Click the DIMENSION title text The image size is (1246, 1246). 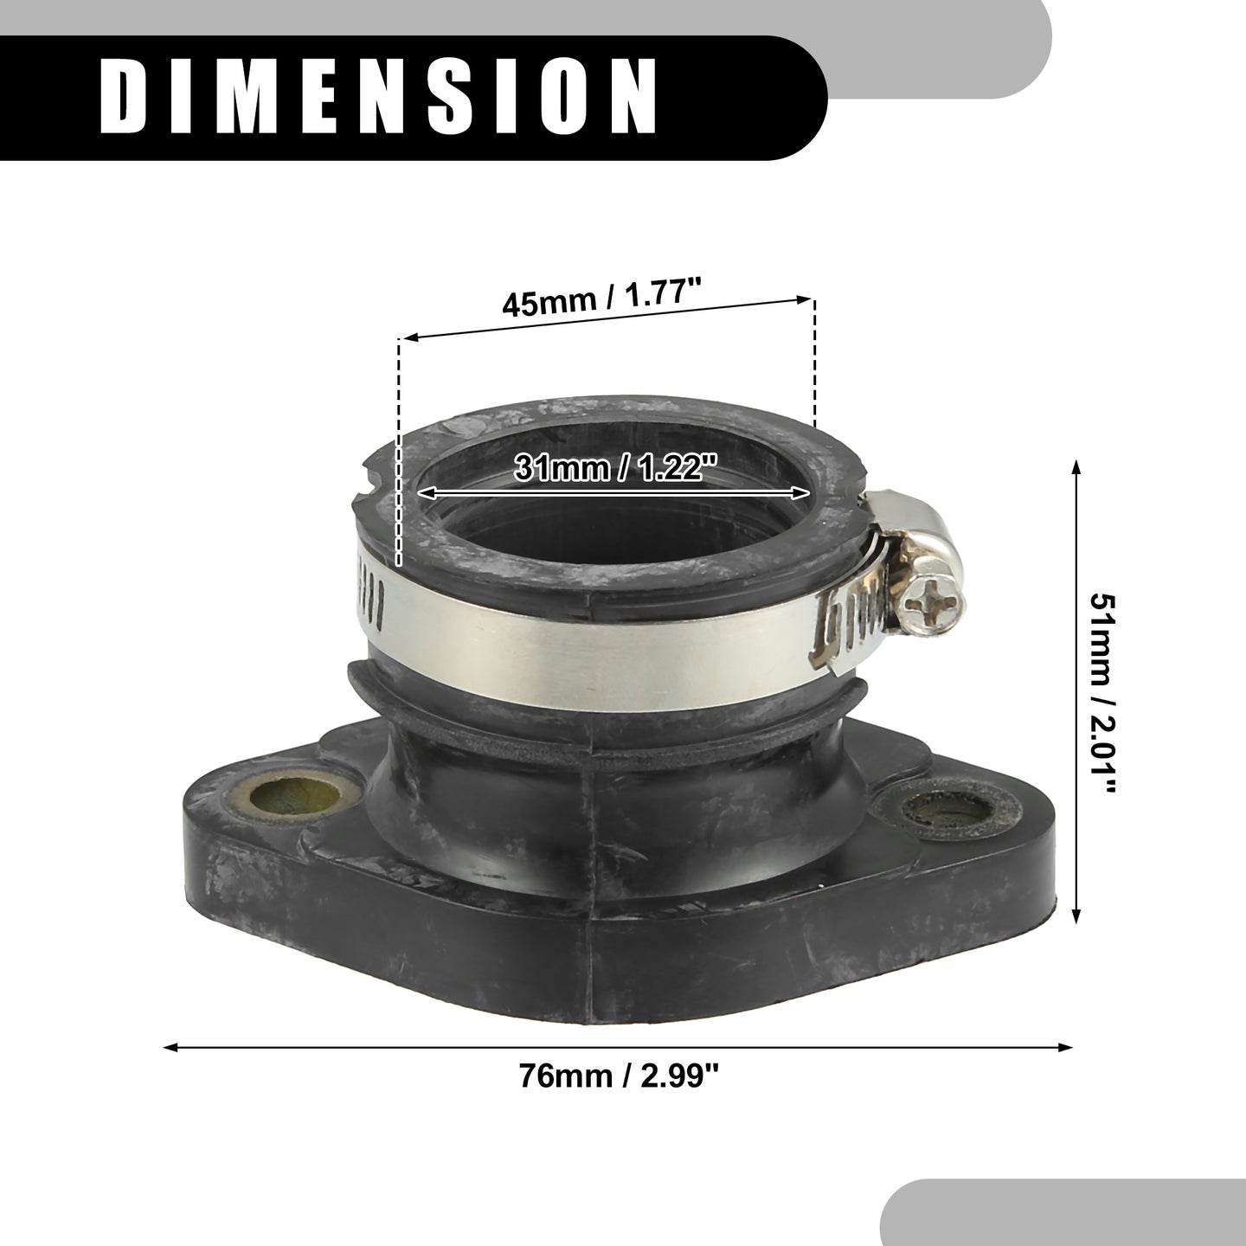click(379, 97)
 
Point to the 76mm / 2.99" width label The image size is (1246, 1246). click(619, 1076)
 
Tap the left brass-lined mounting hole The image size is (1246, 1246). click(295, 797)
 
